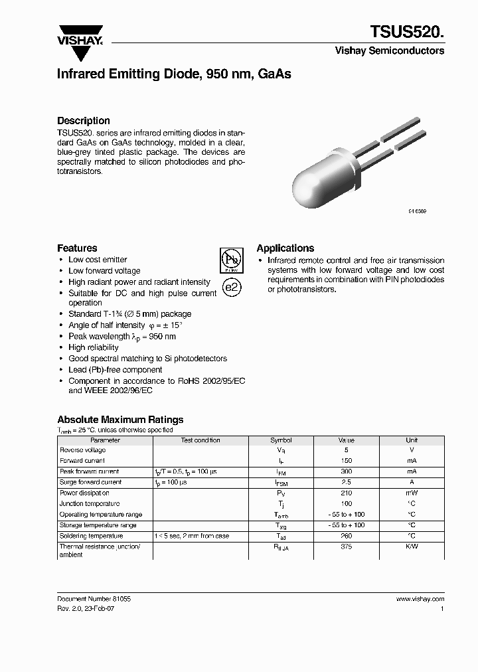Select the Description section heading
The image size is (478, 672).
(84, 121)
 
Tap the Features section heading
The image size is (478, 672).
(77, 248)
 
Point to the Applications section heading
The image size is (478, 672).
(285, 248)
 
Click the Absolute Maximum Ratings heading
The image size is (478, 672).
(120, 420)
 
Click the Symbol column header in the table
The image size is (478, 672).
(280, 440)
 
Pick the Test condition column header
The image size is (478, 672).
(200, 440)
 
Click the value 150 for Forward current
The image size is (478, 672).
(346, 461)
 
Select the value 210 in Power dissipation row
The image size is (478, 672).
(346, 493)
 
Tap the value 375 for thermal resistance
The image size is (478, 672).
(346, 546)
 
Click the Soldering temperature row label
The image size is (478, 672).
(91, 536)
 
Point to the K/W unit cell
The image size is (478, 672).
(412, 546)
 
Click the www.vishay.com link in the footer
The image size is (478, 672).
(420, 598)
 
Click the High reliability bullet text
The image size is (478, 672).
(94, 347)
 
